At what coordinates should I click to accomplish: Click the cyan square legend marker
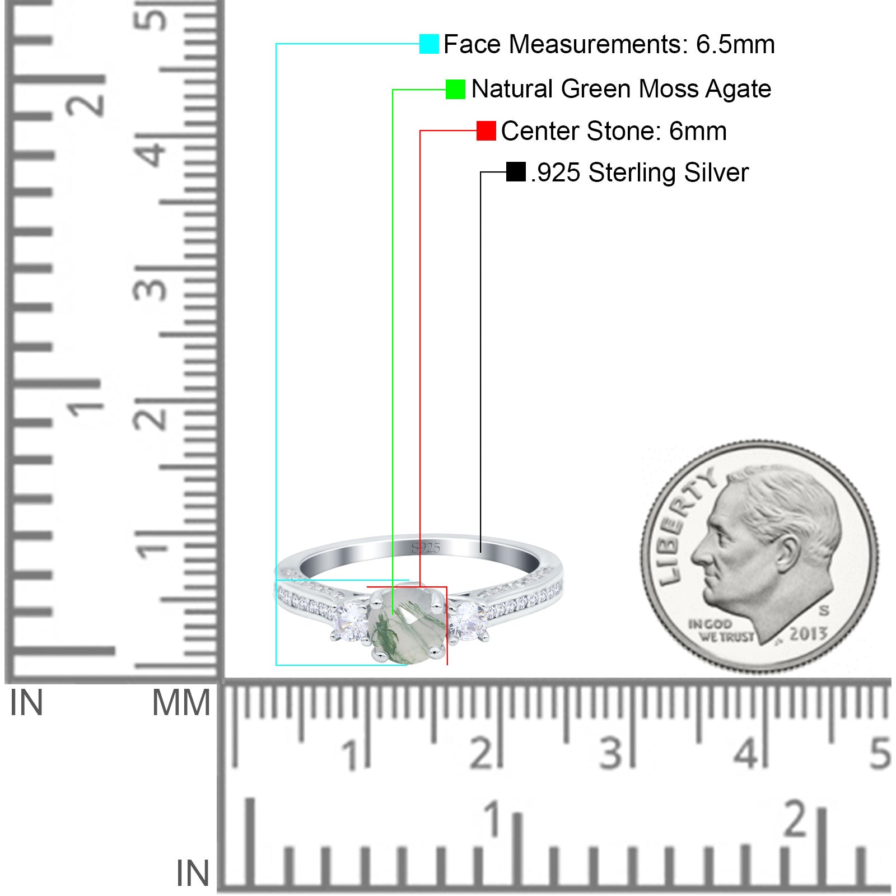pos(429,44)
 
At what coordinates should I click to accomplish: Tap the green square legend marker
pos(455,89)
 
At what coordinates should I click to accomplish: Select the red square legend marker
pos(486,130)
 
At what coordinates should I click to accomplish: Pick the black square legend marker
pos(516,172)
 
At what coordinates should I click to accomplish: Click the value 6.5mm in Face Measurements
pos(735,44)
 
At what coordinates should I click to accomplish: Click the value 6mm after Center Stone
pos(698,131)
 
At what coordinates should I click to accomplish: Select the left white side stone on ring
pos(351,620)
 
